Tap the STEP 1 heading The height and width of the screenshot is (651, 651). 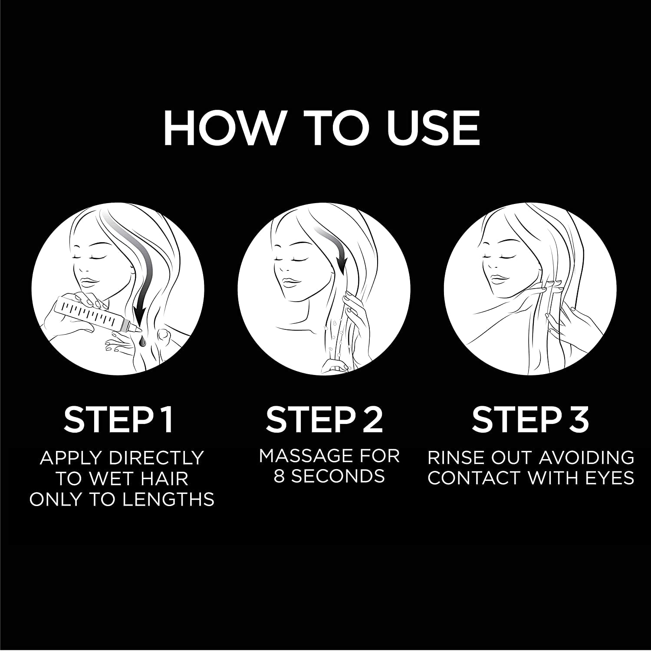click(118, 419)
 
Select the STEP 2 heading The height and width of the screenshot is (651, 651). click(325, 419)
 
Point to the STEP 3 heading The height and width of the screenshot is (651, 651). click(530, 419)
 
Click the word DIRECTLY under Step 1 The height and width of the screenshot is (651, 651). click(157, 458)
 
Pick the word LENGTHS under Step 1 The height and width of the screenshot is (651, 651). click(168, 500)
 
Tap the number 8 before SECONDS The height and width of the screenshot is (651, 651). click(279, 477)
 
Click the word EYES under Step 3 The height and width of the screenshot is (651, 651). click(609, 478)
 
